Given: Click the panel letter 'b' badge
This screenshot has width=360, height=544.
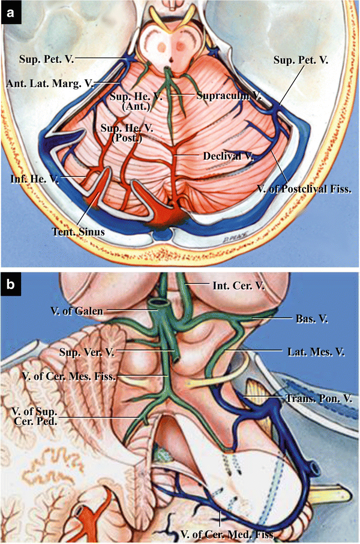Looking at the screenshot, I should click(10, 284).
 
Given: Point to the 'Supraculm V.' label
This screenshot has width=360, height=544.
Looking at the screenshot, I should click(224, 95).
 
